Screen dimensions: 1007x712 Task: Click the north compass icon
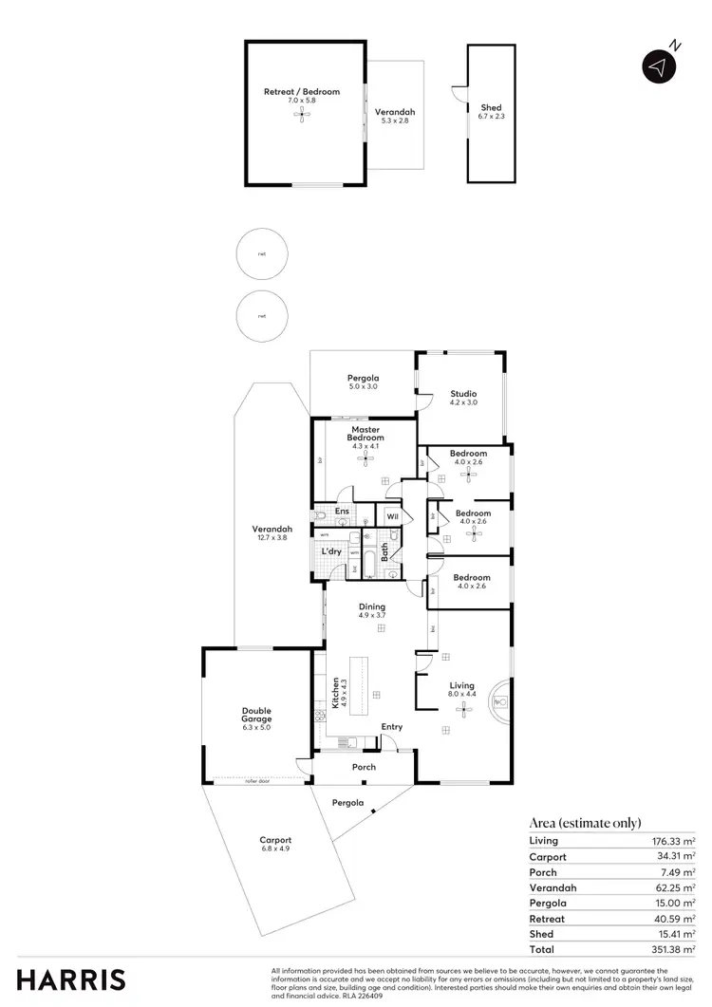(657, 65)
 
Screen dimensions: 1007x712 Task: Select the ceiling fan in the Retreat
(302, 114)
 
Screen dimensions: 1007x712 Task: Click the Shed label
(491, 108)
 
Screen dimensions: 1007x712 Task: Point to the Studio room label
(463, 394)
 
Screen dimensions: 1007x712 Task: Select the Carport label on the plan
(276, 840)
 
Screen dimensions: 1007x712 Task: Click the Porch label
(364, 767)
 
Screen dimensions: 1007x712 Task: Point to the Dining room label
(371, 606)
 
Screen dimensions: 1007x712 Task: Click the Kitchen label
(336, 693)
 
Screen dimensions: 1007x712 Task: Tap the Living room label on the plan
(461, 684)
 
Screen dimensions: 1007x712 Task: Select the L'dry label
(331, 551)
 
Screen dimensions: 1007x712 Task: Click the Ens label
(341, 512)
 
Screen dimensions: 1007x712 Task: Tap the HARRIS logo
(70, 980)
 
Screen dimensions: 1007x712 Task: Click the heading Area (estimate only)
(585, 823)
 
